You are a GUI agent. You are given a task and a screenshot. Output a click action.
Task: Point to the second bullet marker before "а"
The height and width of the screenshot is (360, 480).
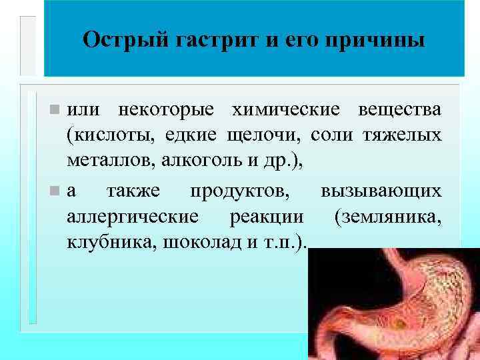point(57,191)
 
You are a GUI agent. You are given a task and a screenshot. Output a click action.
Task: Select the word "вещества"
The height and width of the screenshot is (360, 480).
point(399,109)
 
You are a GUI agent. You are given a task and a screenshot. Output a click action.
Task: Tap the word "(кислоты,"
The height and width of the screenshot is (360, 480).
point(108,136)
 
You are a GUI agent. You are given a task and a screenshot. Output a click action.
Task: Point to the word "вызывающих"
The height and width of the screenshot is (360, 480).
point(381,191)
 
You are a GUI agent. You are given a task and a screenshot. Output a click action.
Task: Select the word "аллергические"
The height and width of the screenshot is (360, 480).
point(133,217)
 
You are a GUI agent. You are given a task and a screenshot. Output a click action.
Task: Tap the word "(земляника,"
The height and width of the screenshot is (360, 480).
point(389,217)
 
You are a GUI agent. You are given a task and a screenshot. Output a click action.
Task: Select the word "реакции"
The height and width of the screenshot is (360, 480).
point(267,217)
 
